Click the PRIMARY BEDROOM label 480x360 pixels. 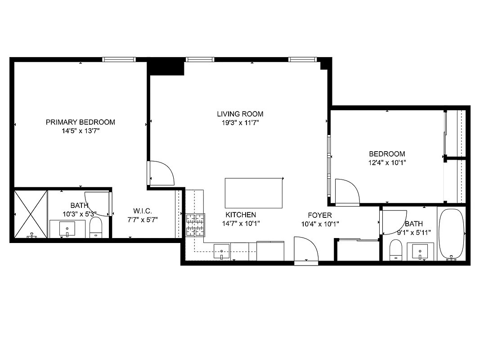click(81, 122)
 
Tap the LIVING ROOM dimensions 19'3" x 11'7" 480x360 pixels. click(240, 122)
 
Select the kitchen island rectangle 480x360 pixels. click(254, 193)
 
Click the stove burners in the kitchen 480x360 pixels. click(195, 225)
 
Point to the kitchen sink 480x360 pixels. click(222, 251)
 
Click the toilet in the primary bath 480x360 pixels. click(96, 228)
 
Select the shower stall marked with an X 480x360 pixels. click(31, 214)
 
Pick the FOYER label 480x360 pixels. click(320, 215)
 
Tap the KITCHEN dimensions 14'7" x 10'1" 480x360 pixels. click(241, 223)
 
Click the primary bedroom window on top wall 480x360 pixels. click(119, 59)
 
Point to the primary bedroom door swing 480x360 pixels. click(161, 173)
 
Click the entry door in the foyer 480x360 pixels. click(305, 250)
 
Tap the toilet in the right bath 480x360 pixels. click(396, 249)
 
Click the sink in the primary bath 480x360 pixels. click(67, 229)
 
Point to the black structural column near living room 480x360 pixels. click(166, 68)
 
